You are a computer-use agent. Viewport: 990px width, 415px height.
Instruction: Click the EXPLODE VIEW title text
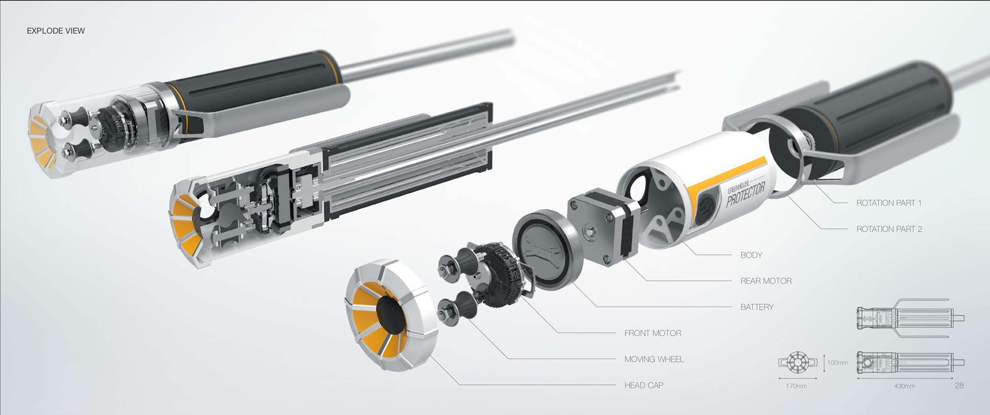click(x=56, y=31)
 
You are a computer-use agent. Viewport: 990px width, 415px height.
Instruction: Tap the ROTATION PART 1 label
click(x=888, y=203)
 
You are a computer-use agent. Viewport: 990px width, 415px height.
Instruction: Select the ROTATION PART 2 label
click(x=889, y=229)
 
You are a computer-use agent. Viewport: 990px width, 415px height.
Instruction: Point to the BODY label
click(x=751, y=255)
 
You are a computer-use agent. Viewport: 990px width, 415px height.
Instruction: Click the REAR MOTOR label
click(x=766, y=281)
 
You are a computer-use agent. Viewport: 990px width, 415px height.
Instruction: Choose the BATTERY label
click(x=757, y=307)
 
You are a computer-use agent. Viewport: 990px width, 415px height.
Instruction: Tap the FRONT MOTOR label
click(x=653, y=333)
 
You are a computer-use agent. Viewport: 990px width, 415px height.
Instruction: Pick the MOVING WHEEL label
click(x=654, y=359)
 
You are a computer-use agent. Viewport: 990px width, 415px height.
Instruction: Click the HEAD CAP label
click(x=643, y=385)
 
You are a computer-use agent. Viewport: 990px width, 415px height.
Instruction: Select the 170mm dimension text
click(x=796, y=386)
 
